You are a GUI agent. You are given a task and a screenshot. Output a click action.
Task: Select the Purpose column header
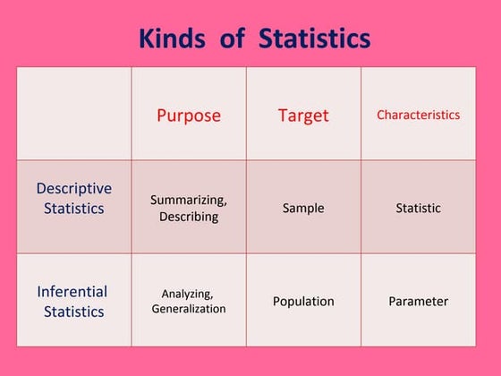(x=189, y=115)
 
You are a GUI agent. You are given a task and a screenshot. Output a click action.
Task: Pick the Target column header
(x=303, y=115)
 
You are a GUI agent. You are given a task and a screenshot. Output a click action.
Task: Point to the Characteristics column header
(x=418, y=115)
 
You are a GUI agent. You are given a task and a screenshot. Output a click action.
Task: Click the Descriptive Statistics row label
(x=74, y=199)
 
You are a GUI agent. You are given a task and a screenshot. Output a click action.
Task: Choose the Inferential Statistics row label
(x=72, y=302)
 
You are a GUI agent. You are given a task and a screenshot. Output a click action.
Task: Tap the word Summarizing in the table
(x=189, y=200)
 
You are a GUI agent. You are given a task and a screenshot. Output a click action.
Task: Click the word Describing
(x=189, y=217)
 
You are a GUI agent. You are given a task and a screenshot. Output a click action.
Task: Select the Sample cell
(x=303, y=208)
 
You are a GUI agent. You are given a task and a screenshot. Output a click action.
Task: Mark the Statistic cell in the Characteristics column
(x=418, y=208)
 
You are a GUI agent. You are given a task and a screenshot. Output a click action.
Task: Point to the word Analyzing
(x=189, y=293)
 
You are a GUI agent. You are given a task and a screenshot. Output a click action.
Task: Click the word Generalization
(x=189, y=309)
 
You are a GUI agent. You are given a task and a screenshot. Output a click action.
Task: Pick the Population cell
(x=303, y=301)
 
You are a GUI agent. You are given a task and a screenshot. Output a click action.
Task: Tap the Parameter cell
(x=418, y=301)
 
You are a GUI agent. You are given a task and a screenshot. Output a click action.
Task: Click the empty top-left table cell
(x=74, y=114)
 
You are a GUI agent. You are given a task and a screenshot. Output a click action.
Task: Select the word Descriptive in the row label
(x=74, y=189)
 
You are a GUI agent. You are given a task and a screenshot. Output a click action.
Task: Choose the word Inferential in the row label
(x=72, y=292)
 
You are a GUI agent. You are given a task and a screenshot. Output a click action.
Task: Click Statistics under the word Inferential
(x=74, y=312)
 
